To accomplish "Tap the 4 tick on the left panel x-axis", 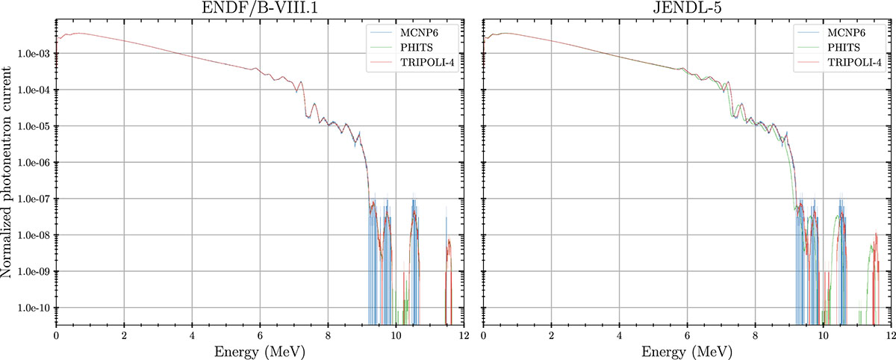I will coord(192,335).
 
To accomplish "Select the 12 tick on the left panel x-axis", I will coord(464,335).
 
